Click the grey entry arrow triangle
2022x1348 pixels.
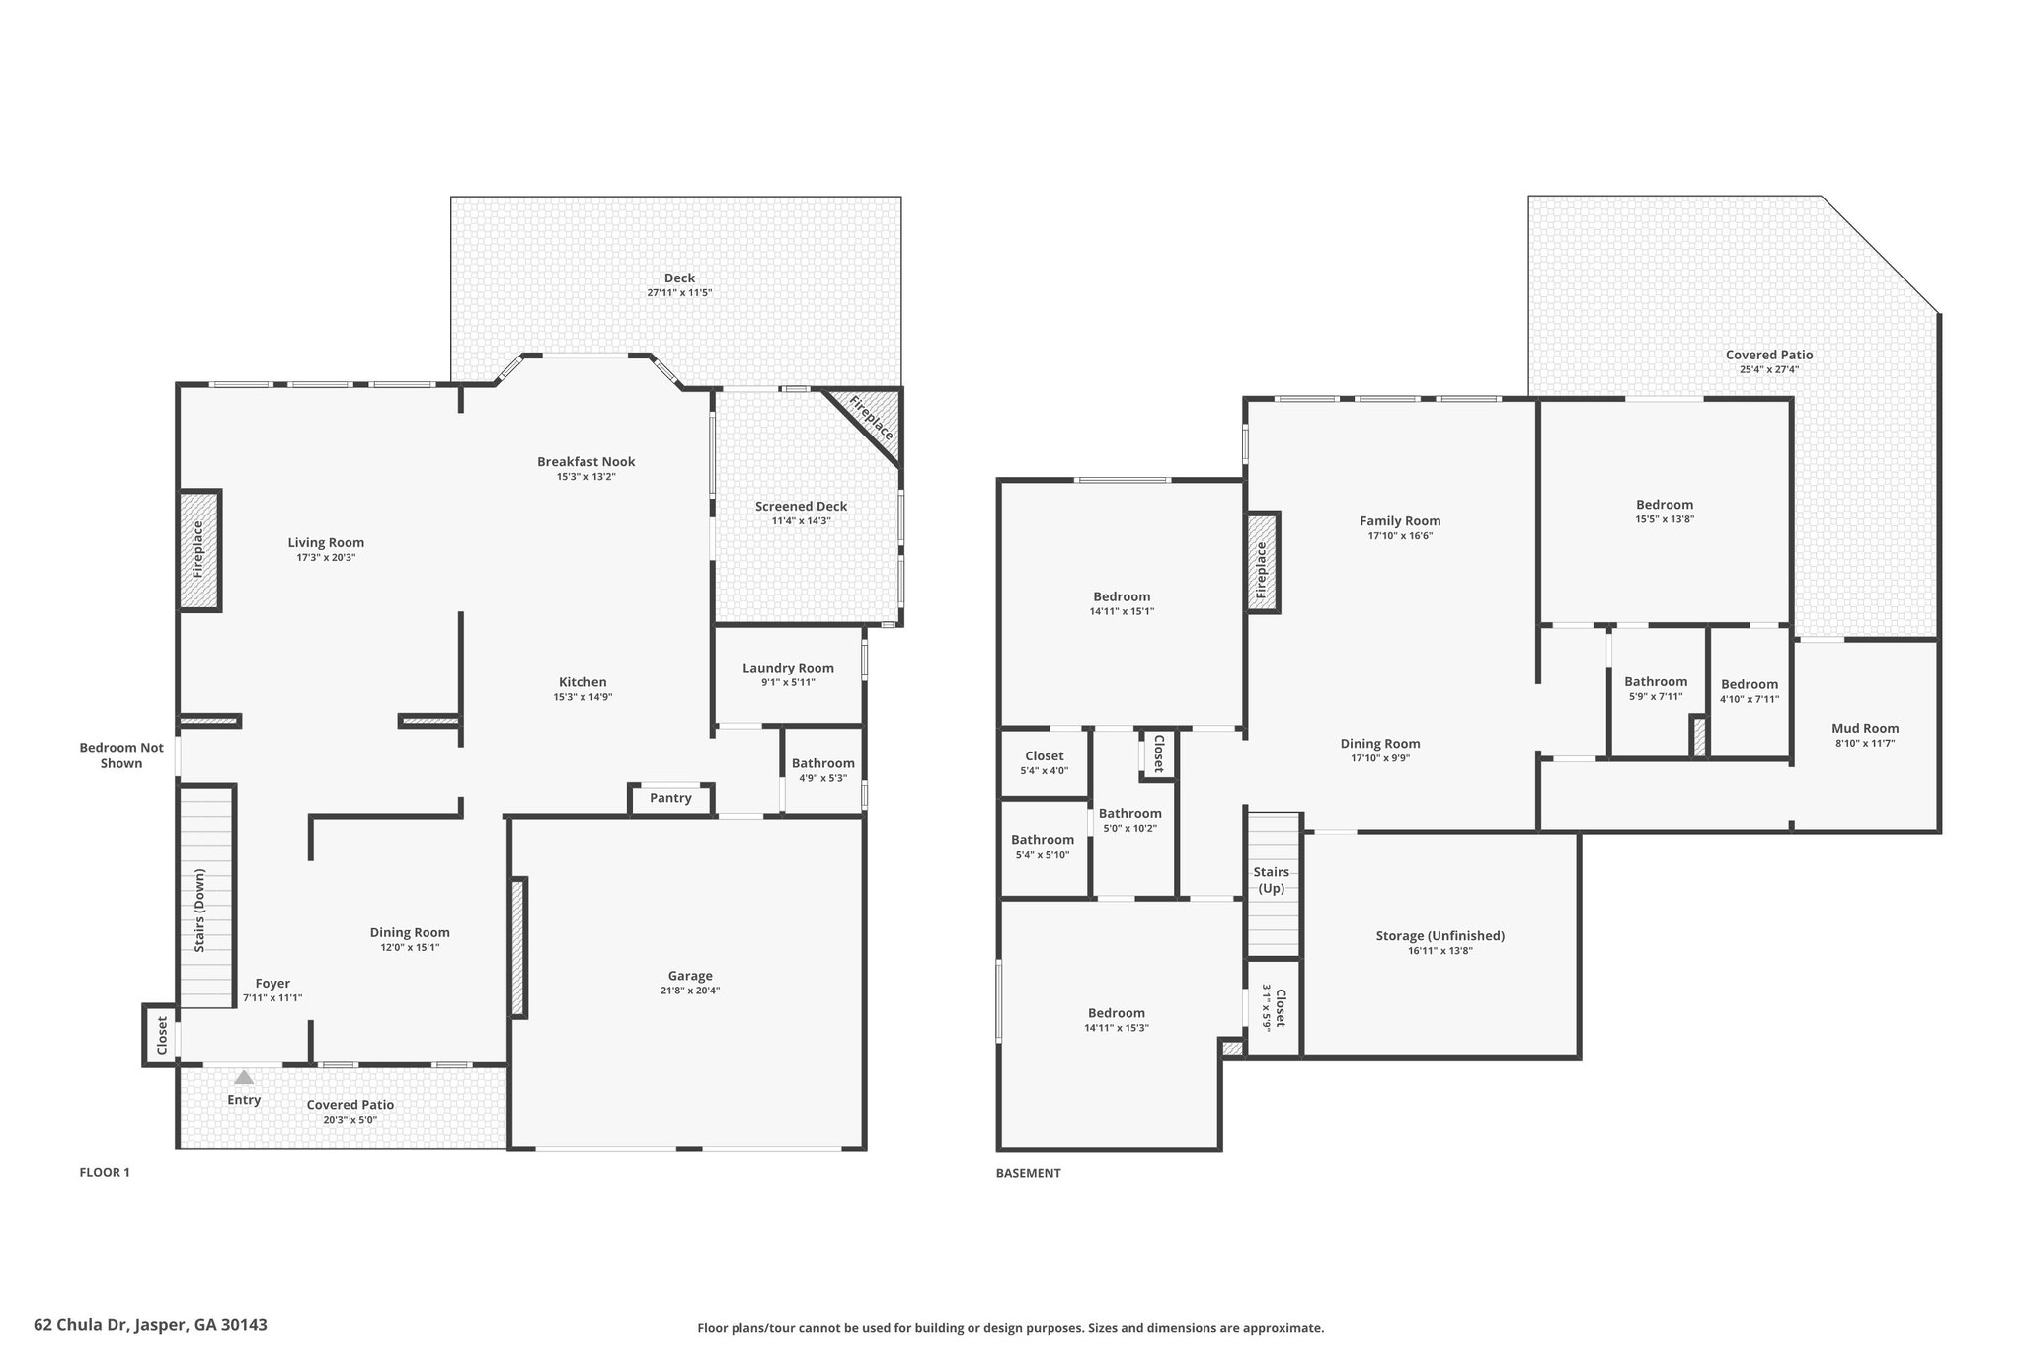click(x=244, y=1077)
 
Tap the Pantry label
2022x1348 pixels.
click(x=670, y=798)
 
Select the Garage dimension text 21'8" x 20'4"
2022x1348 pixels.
click(x=689, y=991)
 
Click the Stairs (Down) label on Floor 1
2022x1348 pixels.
click(x=199, y=911)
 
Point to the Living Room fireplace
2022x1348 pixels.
click(x=198, y=550)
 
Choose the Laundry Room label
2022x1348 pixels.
click(x=788, y=668)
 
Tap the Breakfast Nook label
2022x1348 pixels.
click(x=586, y=461)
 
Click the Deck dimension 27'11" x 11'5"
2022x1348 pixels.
click(x=679, y=293)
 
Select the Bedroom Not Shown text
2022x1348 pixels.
click(x=121, y=755)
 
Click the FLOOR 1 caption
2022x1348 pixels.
click(x=105, y=1173)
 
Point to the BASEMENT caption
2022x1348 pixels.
click(x=1029, y=1173)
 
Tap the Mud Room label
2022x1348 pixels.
click(x=1865, y=728)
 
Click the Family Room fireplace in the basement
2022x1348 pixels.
click(x=1262, y=563)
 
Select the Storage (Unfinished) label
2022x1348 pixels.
click(x=1440, y=935)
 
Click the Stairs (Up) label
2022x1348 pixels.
click(x=1271, y=880)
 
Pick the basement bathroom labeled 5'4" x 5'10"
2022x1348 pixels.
click(x=1043, y=847)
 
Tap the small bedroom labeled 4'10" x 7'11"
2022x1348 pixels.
click(x=1750, y=691)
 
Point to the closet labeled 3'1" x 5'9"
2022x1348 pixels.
click(x=1274, y=1008)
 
